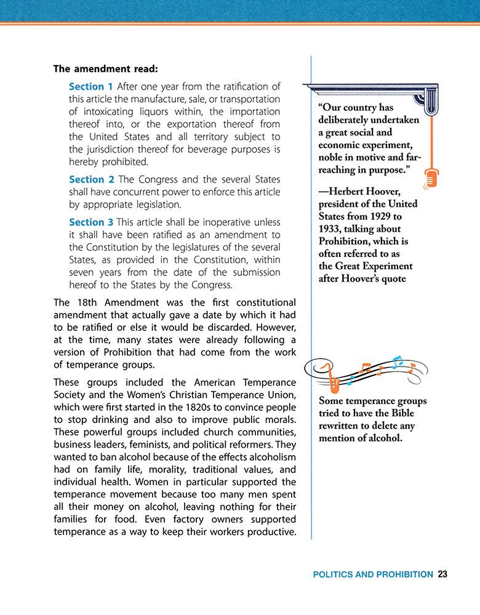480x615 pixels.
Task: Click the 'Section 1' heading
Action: tap(90, 87)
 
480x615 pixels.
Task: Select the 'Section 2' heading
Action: tap(91, 180)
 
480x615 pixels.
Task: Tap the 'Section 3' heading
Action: tap(91, 223)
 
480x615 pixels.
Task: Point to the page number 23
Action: tap(442, 574)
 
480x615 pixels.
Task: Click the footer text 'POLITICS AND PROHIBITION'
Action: tap(373, 574)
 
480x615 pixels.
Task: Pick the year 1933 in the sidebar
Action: tap(332, 229)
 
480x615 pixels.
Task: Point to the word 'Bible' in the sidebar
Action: tap(401, 413)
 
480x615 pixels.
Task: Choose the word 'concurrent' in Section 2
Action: tap(157, 192)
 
